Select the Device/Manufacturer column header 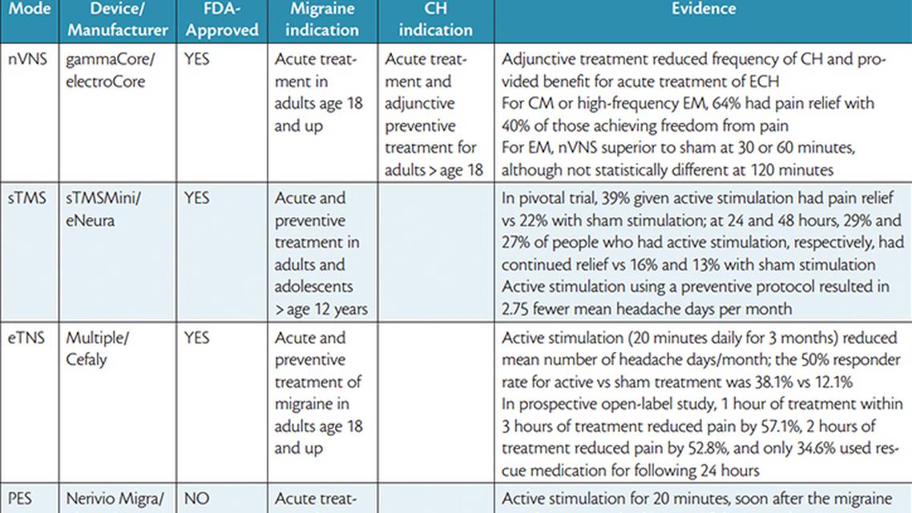click(117, 19)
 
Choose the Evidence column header click(702, 9)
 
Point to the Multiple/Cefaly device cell click(97, 348)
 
